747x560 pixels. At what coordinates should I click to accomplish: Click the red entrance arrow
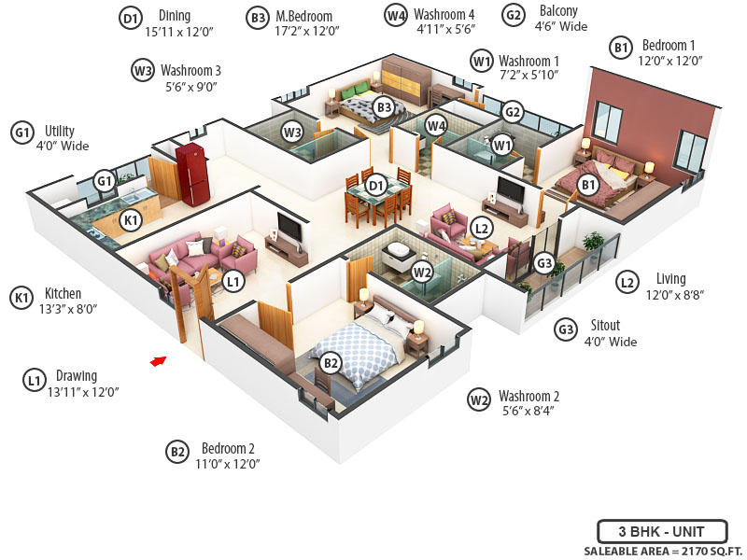[159, 360]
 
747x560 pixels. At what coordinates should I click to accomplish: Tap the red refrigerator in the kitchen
[192, 173]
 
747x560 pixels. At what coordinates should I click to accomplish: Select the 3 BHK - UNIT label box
[661, 532]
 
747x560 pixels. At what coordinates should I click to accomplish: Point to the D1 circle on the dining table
[375, 186]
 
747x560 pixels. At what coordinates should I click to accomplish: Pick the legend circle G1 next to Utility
[21, 132]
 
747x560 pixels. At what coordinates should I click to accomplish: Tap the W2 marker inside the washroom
[422, 273]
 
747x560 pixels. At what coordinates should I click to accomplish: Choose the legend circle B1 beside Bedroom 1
[620, 47]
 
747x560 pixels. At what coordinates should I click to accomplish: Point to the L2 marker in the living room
[482, 227]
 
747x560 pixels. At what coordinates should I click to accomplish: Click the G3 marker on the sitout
[544, 263]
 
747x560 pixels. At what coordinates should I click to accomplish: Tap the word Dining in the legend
[175, 16]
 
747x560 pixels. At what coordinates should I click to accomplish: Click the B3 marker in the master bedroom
[384, 107]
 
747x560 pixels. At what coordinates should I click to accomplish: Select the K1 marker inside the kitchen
[132, 221]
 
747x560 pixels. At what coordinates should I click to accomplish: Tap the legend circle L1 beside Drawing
[34, 380]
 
